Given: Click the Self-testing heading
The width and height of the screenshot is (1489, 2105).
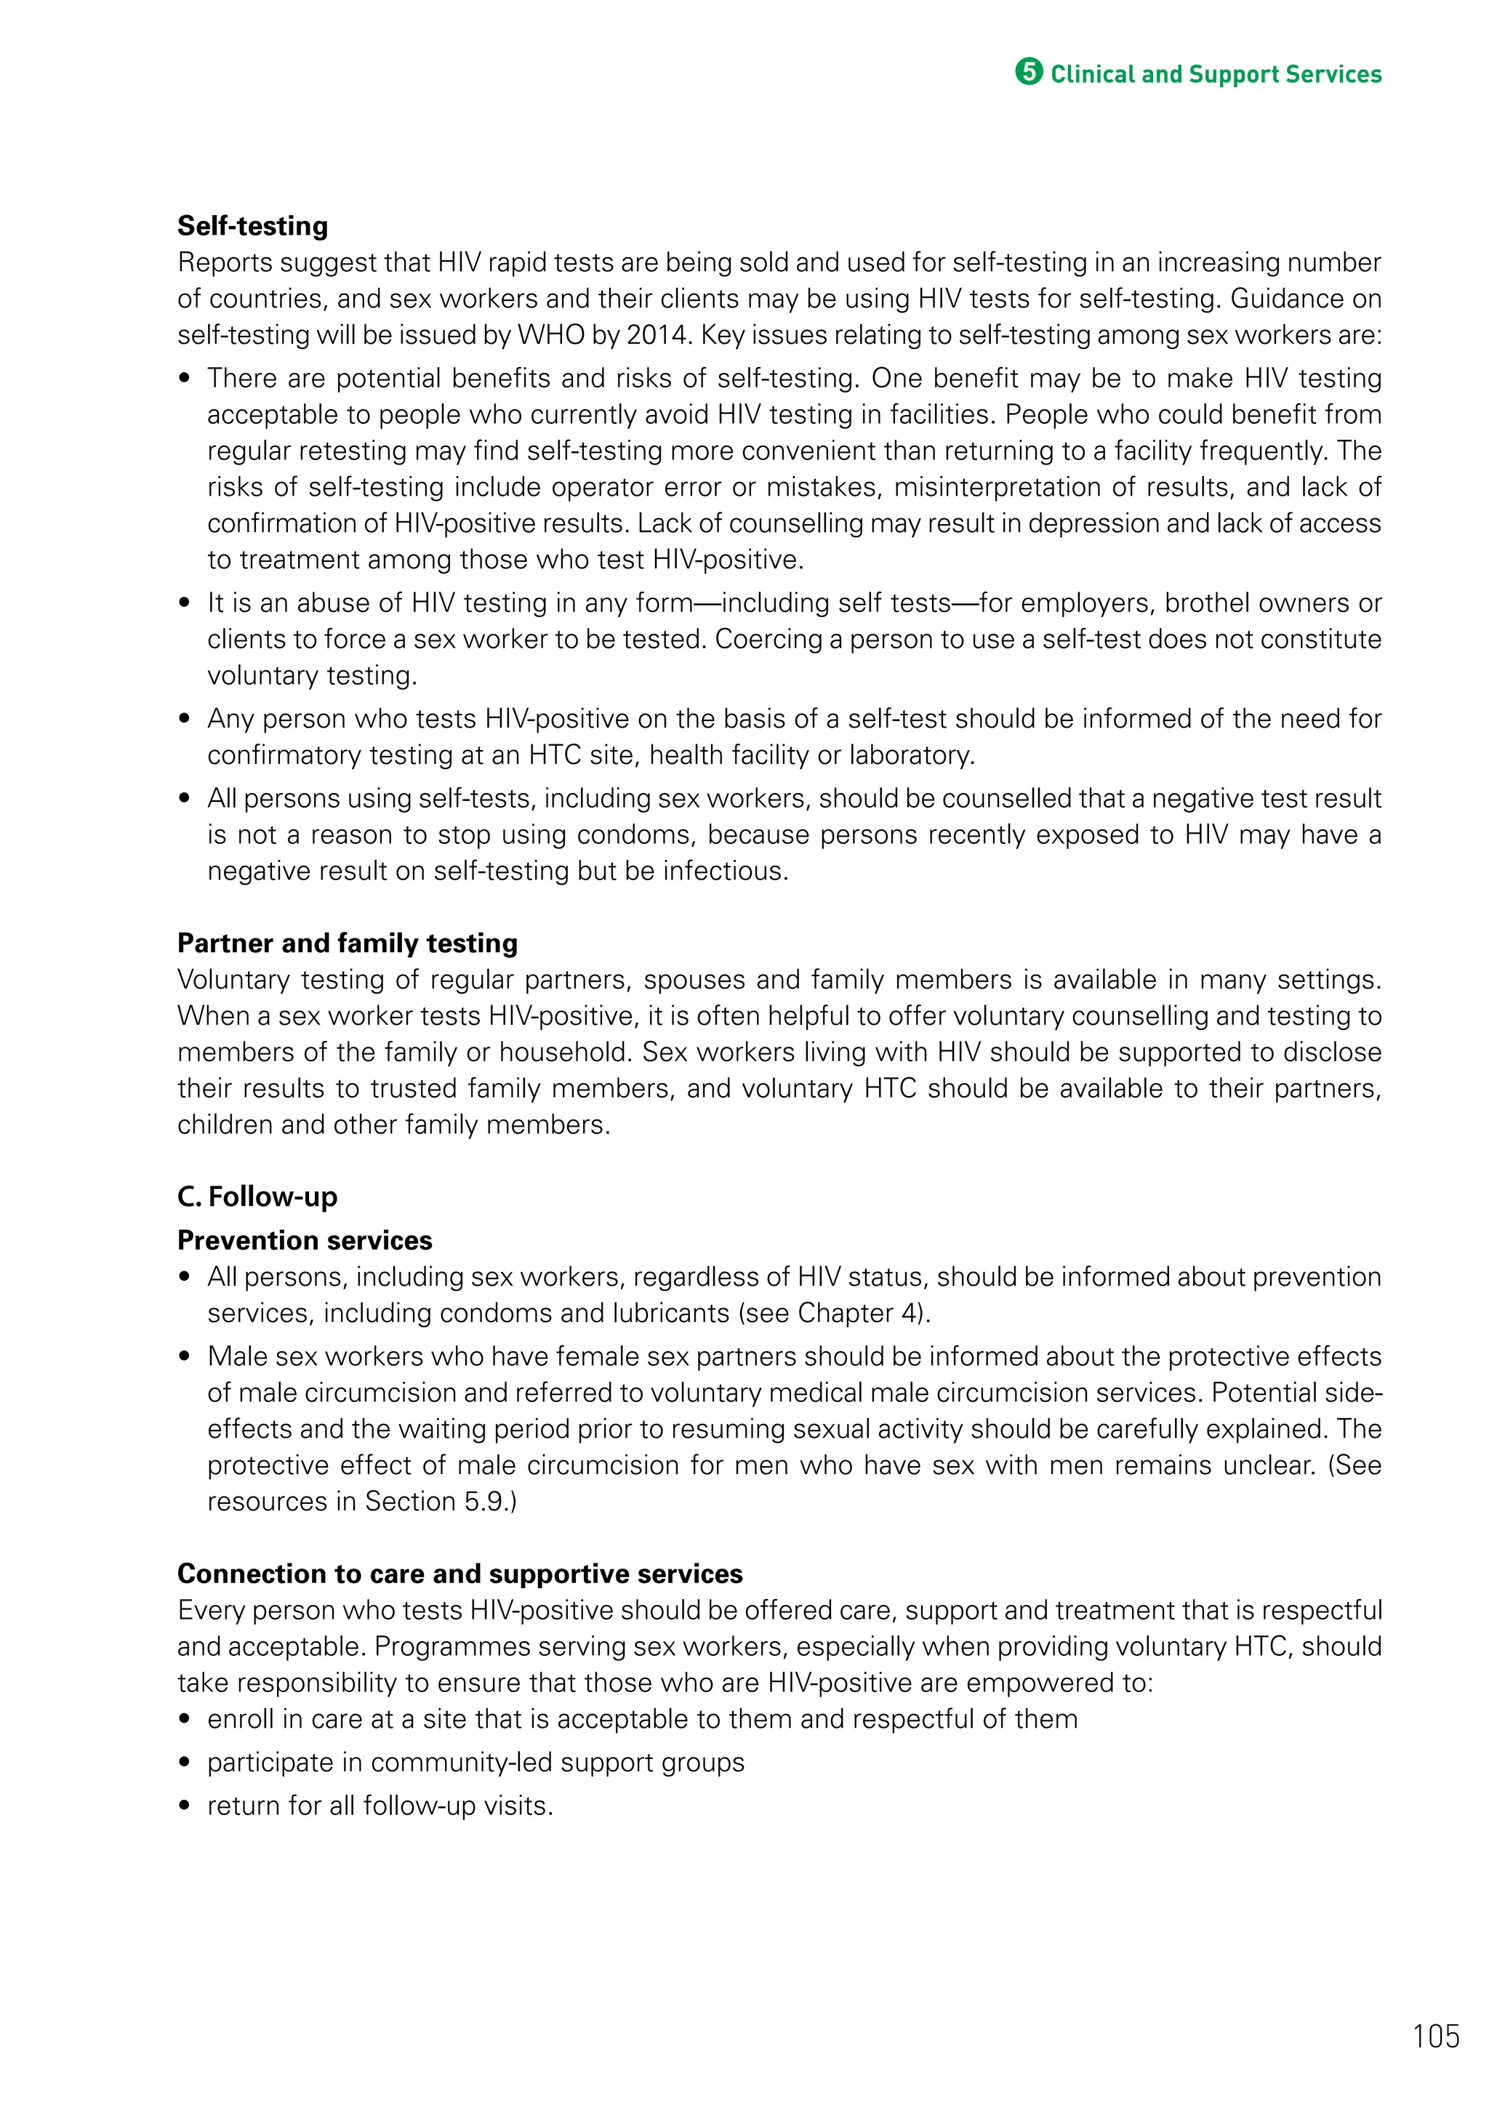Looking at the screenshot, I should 252,225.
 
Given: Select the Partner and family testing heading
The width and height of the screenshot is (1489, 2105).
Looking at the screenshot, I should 347,943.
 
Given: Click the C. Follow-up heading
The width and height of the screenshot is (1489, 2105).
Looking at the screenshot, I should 257,1196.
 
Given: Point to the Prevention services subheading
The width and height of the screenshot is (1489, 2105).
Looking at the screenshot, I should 305,1241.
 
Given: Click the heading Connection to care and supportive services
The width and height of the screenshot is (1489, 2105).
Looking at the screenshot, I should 459,1573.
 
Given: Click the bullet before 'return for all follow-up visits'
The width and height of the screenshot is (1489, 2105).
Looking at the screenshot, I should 185,1806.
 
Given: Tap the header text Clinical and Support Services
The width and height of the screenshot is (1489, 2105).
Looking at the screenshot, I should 1215,74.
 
